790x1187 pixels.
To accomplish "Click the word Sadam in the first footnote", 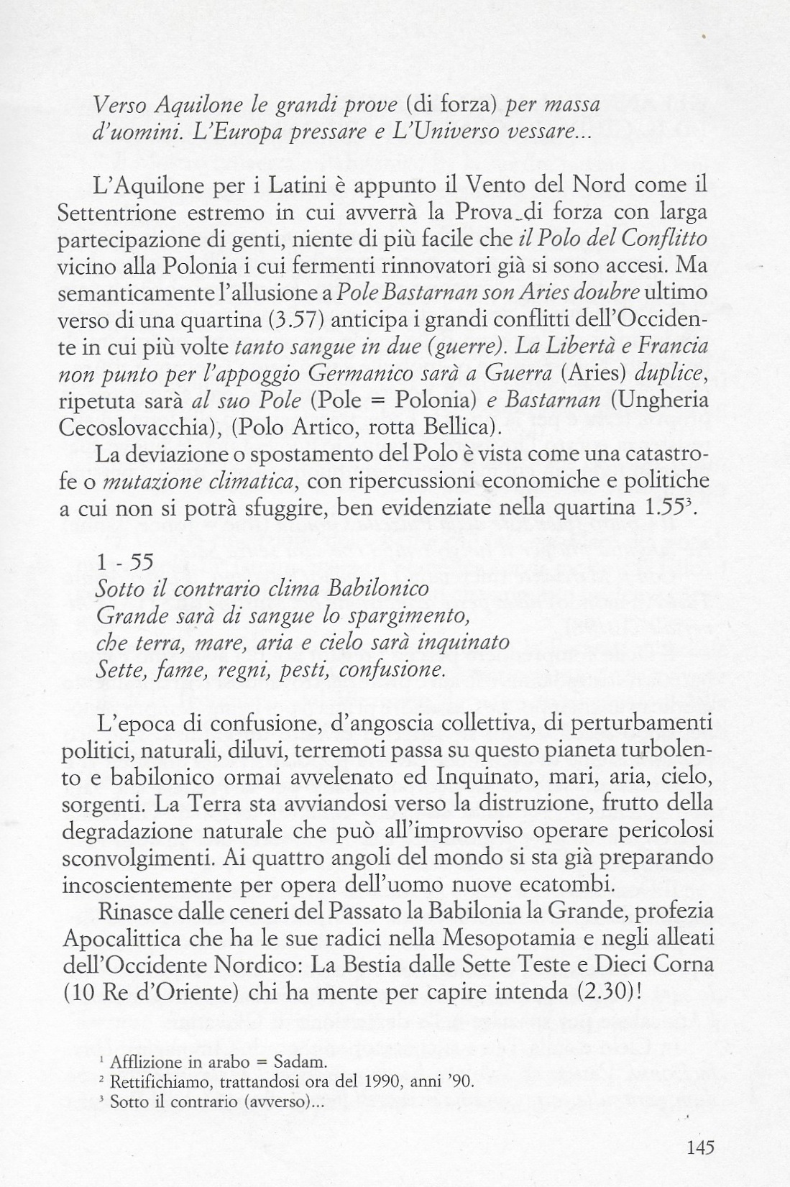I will (x=306, y=1063).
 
